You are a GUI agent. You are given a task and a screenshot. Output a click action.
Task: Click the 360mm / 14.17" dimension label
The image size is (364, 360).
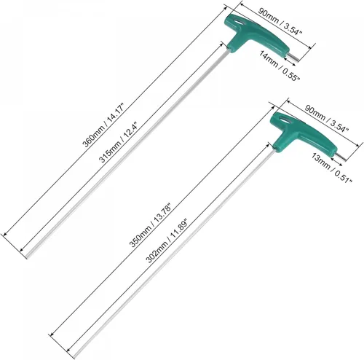[x=103, y=125]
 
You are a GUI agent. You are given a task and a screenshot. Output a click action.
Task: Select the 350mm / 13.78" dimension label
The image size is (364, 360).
[x=151, y=225]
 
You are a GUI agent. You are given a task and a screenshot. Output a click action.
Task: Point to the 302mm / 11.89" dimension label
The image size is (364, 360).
[x=167, y=241]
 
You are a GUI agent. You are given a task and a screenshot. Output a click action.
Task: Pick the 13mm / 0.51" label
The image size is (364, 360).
[x=332, y=168]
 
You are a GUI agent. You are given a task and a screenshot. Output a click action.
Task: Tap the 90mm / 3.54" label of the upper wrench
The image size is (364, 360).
[x=280, y=21]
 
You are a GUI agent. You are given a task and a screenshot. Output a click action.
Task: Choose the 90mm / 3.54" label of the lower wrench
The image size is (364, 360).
[x=327, y=118]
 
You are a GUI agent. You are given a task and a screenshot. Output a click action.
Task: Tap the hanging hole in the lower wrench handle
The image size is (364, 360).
[x=285, y=120]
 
